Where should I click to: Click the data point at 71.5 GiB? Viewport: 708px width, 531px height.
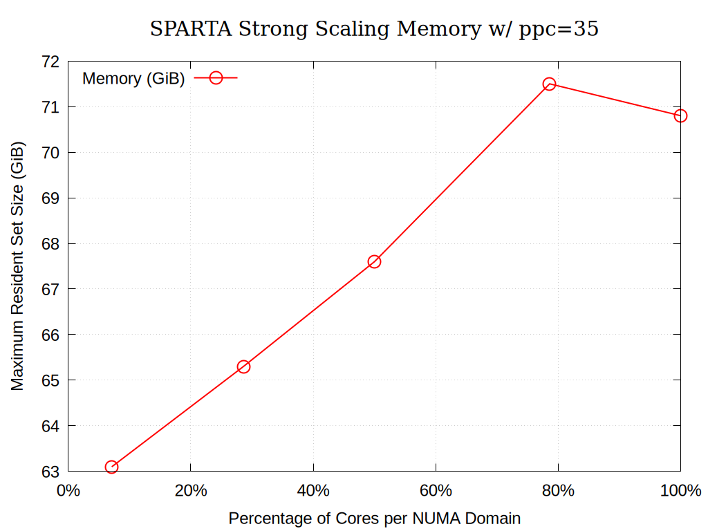(550, 84)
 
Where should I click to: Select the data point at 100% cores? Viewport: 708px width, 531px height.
(680, 115)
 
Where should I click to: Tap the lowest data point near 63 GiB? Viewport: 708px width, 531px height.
(111, 467)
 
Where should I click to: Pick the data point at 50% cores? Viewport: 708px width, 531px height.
(374, 261)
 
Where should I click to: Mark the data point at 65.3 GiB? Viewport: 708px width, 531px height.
(243, 366)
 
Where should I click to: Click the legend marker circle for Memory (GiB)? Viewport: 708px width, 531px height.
(216, 78)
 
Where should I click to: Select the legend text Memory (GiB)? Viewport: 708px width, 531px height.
(133, 79)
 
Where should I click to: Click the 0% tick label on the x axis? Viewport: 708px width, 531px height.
(68, 491)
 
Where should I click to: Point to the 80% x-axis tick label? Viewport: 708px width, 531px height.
(558, 491)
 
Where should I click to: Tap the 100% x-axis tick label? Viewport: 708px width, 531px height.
(680, 491)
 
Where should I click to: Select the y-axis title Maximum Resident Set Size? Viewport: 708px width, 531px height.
(17, 266)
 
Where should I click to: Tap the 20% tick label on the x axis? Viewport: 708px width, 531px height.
(191, 491)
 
